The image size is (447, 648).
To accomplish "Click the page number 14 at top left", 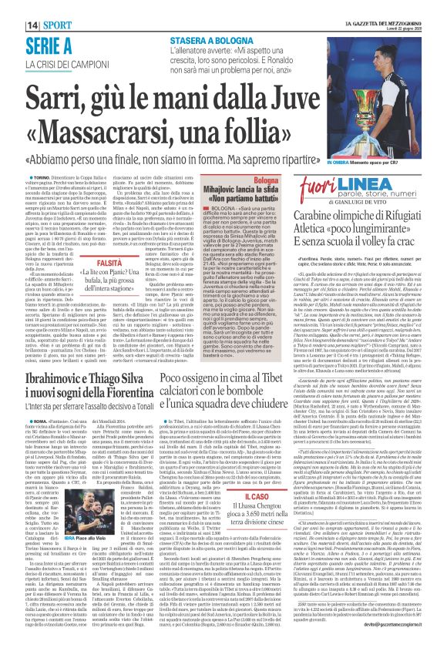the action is tap(15, 7).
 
